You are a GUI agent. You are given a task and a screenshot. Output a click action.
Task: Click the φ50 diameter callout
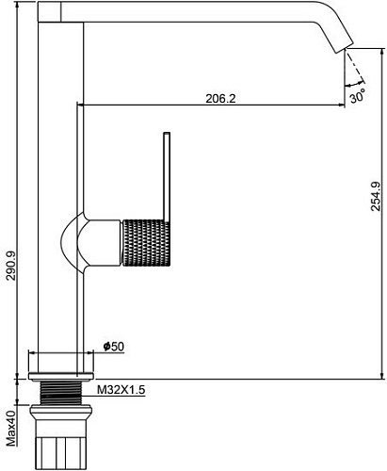tap(112, 347)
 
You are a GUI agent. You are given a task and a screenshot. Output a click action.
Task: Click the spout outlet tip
tap(345, 43)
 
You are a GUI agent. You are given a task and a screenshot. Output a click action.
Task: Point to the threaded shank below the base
tap(63, 390)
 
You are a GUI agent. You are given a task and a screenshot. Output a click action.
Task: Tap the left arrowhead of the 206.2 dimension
tap(81, 106)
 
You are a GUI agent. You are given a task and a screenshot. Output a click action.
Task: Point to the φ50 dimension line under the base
tap(63, 355)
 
